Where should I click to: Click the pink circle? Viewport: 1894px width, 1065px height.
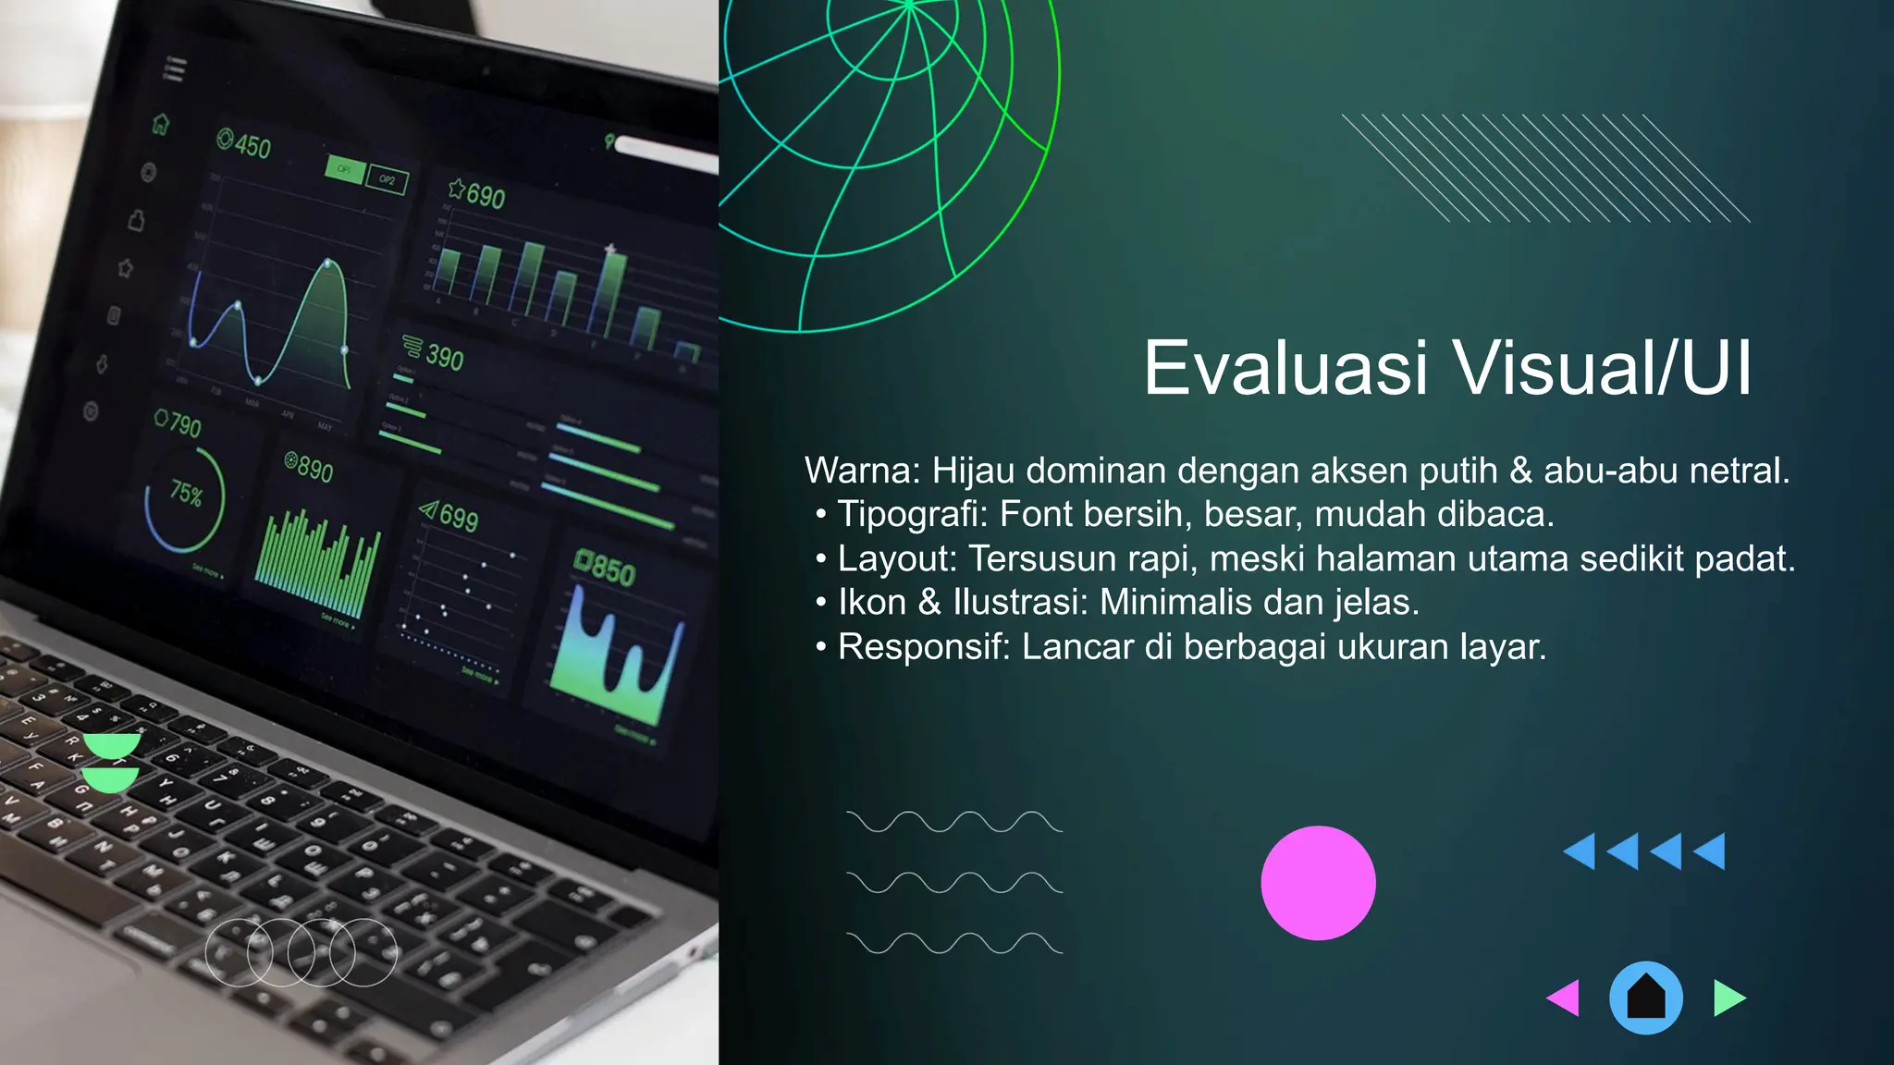1318,883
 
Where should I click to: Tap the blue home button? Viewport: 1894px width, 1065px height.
1646,998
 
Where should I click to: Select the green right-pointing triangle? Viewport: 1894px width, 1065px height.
1728,998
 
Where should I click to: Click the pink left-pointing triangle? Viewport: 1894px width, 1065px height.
1565,998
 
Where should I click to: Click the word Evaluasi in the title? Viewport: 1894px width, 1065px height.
1285,368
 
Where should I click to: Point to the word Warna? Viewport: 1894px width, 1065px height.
861,471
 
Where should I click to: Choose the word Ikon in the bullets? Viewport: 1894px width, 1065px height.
871,602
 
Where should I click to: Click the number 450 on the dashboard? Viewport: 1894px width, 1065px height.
252,146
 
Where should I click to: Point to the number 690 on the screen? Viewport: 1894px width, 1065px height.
486,196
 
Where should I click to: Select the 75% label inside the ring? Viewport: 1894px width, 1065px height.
186,494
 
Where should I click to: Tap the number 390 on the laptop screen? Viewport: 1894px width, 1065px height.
445,357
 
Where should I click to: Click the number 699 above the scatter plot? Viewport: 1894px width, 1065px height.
459,518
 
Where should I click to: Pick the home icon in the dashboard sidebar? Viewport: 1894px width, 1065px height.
161,124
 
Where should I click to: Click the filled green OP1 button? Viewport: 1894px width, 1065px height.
344,169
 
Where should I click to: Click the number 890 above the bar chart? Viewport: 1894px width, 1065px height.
315,470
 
